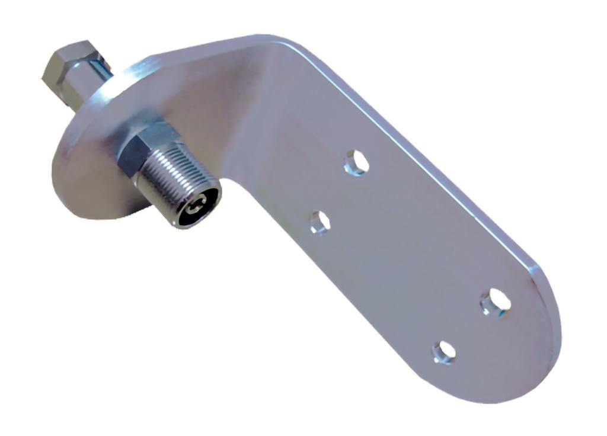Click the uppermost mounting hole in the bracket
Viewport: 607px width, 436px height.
tap(356, 162)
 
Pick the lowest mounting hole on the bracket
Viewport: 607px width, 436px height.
tap(444, 352)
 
